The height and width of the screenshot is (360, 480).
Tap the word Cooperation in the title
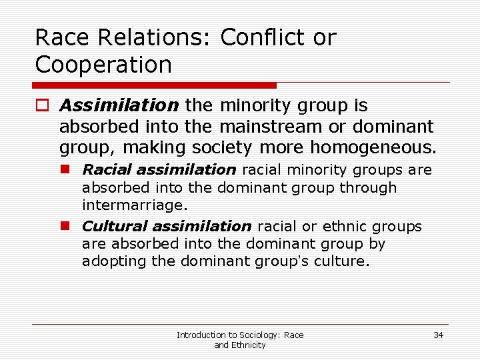103,65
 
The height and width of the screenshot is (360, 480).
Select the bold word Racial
106,170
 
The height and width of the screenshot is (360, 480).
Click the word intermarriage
133,205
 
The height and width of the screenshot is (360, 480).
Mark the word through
367,188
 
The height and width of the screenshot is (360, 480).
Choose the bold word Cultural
113,227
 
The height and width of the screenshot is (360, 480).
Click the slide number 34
438,335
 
